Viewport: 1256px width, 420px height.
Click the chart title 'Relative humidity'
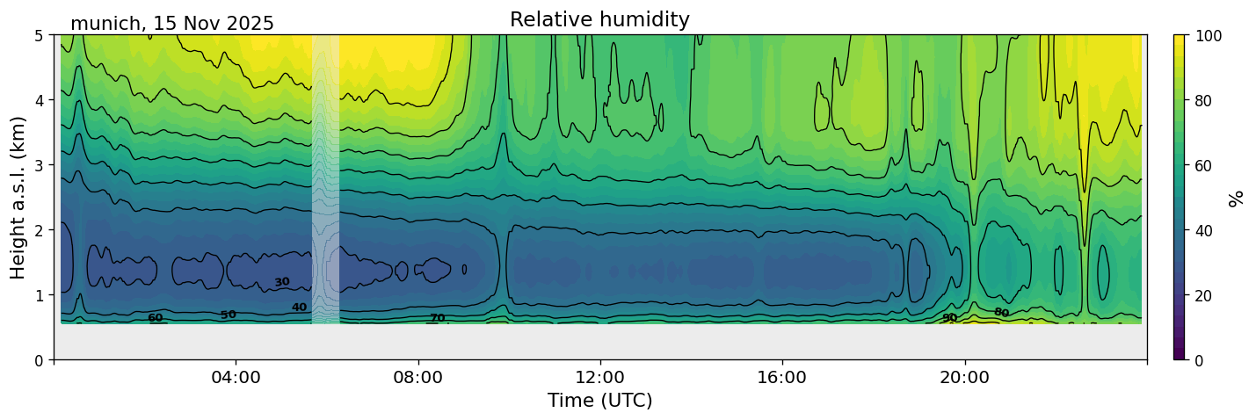click(599, 19)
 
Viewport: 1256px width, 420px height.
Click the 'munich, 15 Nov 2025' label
click(172, 24)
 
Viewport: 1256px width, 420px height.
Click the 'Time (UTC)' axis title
click(599, 401)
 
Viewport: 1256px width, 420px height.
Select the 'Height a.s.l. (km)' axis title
click(18, 197)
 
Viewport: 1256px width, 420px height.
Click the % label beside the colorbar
click(1237, 198)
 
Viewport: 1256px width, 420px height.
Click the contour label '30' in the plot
click(281, 282)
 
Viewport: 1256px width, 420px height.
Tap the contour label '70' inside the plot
click(437, 318)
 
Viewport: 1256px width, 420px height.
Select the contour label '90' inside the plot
click(949, 317)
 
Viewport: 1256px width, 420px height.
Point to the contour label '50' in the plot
click(229, 315)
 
